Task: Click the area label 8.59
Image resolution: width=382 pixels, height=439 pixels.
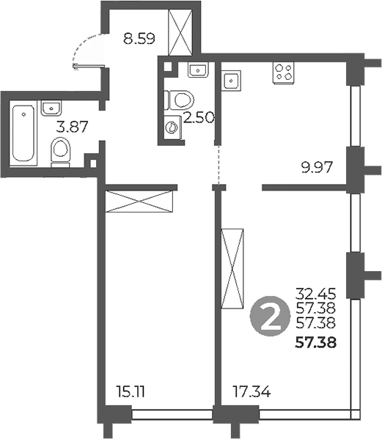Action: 139,39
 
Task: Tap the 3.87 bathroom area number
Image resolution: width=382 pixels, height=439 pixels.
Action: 73,125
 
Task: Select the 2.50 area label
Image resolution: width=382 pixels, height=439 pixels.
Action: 198,118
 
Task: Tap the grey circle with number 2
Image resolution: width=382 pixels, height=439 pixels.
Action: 268,317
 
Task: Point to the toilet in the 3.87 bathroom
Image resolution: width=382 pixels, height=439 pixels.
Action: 61,153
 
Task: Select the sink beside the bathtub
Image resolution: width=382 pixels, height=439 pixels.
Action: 51,109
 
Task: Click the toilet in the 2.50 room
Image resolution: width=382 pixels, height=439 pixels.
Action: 177,98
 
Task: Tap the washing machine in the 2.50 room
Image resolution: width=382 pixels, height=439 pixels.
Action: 172,127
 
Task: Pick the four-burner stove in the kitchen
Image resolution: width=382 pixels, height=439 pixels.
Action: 283,72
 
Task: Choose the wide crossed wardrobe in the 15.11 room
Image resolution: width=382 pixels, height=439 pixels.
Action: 141,201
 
